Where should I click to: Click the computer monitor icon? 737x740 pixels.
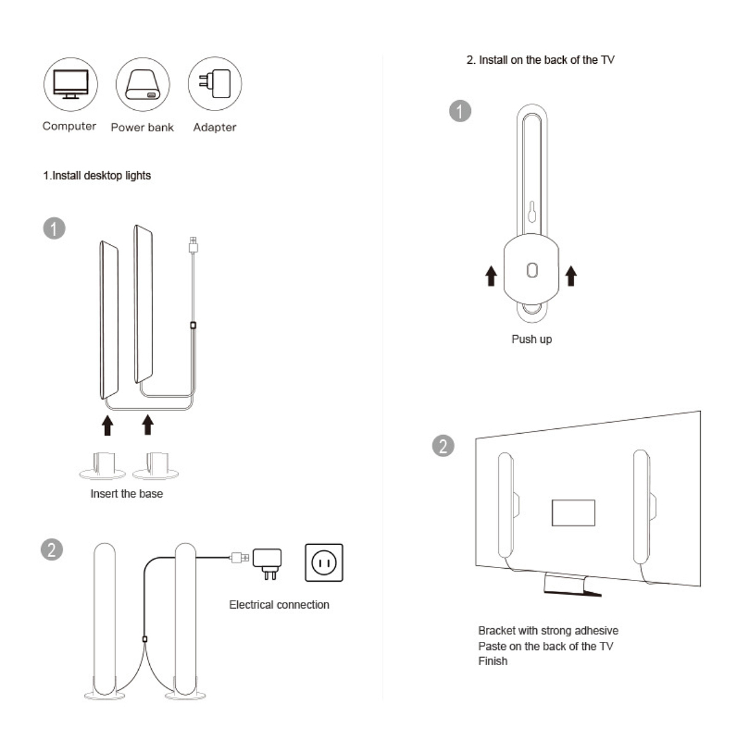[x=71, y=84]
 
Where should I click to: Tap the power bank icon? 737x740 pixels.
[x=142, y=85]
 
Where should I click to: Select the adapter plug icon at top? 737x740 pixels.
[x=214, y=83]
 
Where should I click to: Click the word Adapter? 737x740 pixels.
[x=214, y=127]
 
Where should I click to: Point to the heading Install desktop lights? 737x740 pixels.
[x=97, y=175]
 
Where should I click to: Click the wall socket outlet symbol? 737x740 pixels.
[x=324, y=562]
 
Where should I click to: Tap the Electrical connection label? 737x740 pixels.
[x=279, y=604]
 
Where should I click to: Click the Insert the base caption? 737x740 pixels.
[x=127, y=493]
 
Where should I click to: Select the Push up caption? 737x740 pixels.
[x=531, y=339]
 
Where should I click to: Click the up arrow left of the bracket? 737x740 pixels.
[x=491, y=276]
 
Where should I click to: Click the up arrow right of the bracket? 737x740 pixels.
[x=571, y=276]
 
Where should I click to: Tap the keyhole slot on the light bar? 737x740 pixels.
[x=532, y=212]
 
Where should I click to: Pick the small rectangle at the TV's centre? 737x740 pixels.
[x=573, y=512]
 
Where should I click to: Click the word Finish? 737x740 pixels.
[x=493, y=661]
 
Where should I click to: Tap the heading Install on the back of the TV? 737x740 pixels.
[x=540, y=60]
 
